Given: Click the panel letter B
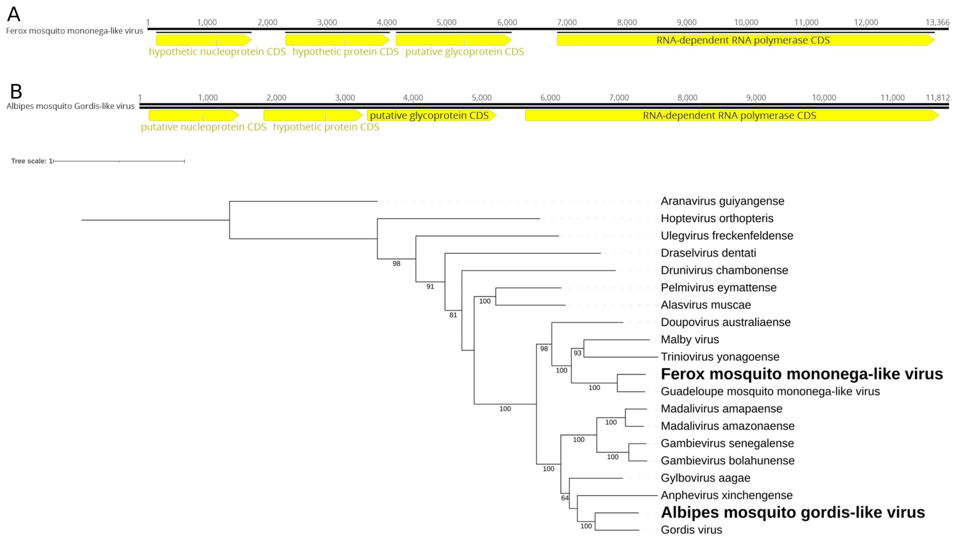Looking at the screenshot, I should click(x=16, y=91).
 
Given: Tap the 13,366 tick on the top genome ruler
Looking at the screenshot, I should click(x=937, y=22).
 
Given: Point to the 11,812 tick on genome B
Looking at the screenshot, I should click(x=937, y=98).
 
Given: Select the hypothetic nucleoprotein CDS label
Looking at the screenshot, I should click(x=217, y=52).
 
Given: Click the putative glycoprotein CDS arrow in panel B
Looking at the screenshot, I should click(x=430, y=115).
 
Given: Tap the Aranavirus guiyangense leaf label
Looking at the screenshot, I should click(x=722, y=201).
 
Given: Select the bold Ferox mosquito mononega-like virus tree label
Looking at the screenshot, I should click(x=802, y=374).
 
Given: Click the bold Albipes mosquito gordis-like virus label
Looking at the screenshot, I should click(x=793, y=512).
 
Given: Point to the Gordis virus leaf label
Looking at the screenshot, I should click(x=691, y=530).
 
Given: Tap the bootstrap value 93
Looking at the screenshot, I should click(x=577, y=353).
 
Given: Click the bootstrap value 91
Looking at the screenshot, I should click(x=430, y=286).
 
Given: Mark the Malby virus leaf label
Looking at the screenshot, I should click(x=689, y=339).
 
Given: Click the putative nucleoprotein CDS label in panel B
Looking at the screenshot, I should click(x=203, y=127).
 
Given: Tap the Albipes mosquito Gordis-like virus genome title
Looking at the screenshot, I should click(x=70, y=106).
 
